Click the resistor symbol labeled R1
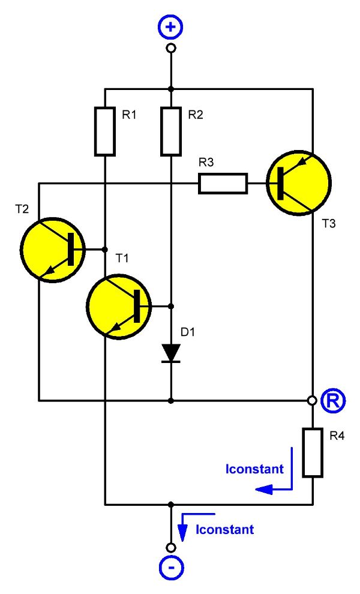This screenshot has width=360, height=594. (105, 131)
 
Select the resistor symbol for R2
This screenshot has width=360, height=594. (171, 131)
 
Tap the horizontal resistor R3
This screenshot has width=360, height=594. (223, 184)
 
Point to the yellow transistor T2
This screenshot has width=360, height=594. (53, 249)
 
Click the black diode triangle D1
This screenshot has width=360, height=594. (171, 353)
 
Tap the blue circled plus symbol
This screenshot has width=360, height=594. (171, 28)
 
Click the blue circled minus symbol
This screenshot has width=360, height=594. (171, 569)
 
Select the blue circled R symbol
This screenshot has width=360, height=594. (332, 400)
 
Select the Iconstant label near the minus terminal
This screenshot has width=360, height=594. (224, 530)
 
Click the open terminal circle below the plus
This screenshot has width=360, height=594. (171, 48)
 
